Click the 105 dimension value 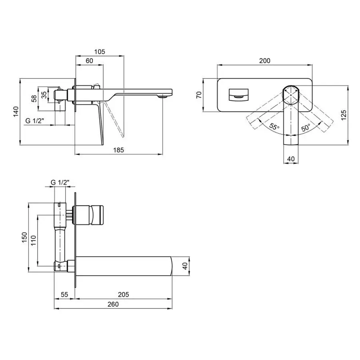(x=100, y=52)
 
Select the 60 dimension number (x=89, y=61)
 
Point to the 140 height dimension (x=16, y=112)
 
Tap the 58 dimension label (x=34, y=98)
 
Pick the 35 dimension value (x=44, y=94)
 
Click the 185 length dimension (x=118, y=150)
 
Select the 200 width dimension (x=265, y=61)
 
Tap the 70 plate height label (x=199, y=94)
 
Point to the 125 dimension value (x=344, y=115)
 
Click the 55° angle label (x=274, y=126)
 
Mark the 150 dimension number (x=24, y=238)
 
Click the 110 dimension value (x=34, y=240)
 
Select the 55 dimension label (x=64, y=294)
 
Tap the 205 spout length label (x=123, y=294)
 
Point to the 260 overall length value (x=113, y=304)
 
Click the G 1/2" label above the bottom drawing (x=60, y=182)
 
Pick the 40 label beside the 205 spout (x=185, y=266)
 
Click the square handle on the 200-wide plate (x=238, y=94)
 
